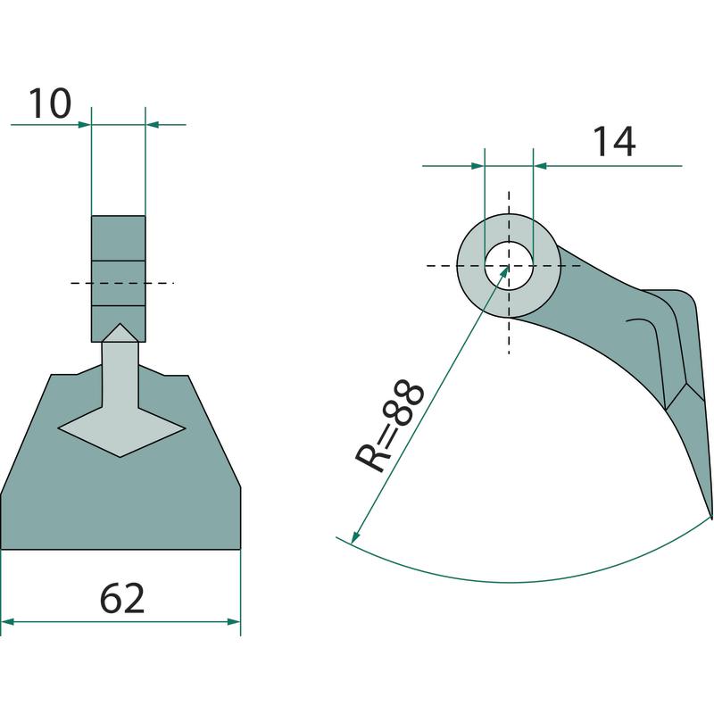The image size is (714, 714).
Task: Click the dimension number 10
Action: coord(50,104)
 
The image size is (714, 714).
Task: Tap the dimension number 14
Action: coord(614,142)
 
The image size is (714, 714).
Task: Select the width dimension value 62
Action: coord(122,597)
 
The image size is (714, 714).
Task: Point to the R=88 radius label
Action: coord(390,426)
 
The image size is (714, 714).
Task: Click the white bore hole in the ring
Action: coord(509,266)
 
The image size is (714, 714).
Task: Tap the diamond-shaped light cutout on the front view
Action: coord(121,429)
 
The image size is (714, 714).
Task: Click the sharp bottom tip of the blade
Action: coord(710,518)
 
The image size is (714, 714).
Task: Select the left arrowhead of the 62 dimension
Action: coord(8,621)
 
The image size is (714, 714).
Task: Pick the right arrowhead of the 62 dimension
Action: coord(234,621)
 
